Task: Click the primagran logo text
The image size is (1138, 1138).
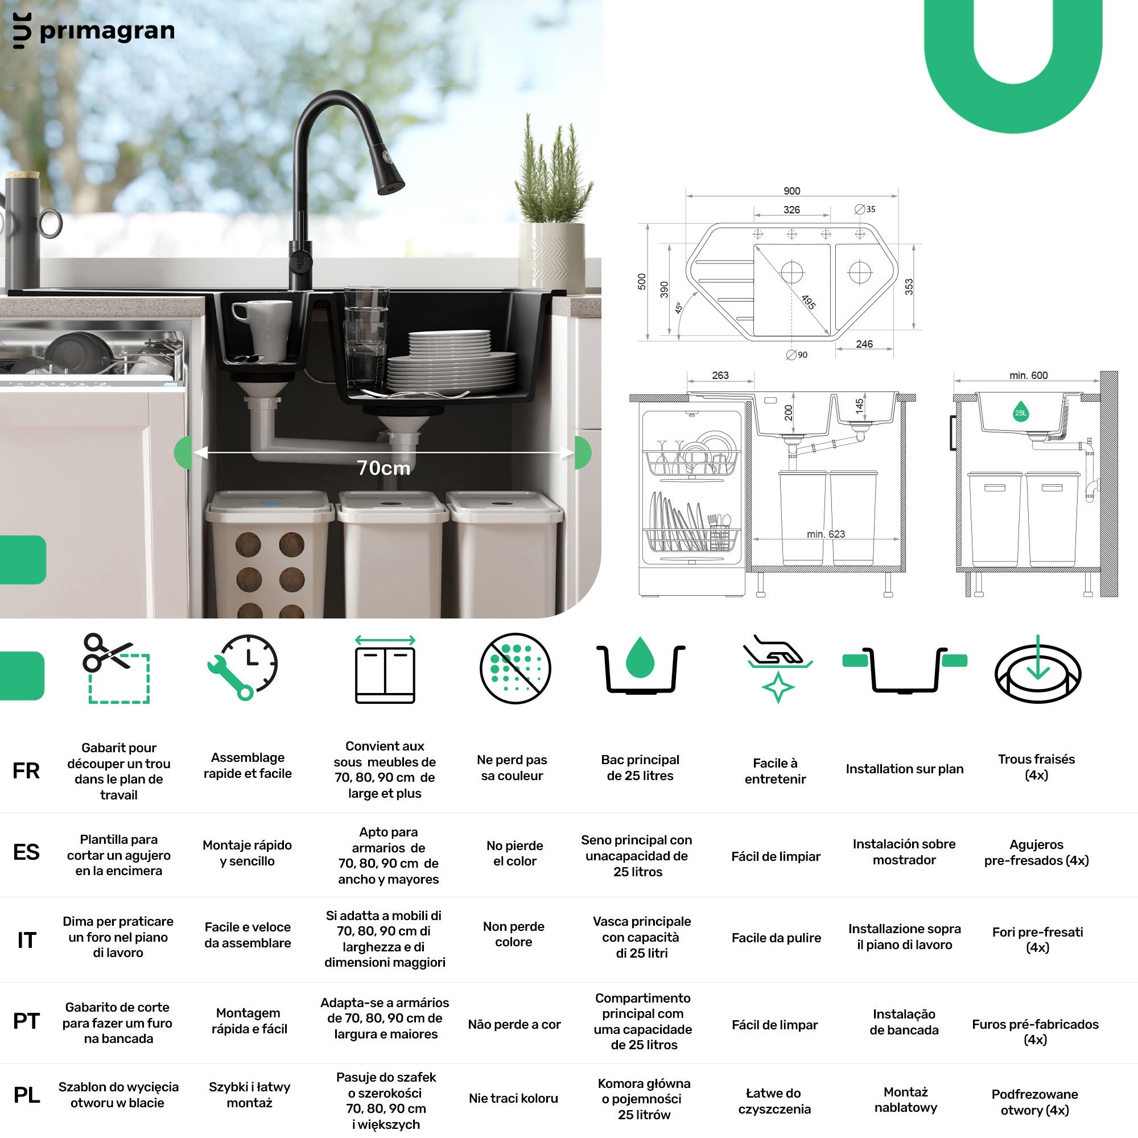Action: (x=106, y=31)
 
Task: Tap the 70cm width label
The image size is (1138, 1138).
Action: (x=384, y=468)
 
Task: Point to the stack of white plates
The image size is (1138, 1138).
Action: (x=451, y=362)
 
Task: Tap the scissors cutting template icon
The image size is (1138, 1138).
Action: (x=117, y=669)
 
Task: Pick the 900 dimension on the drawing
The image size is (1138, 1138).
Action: (x=791, y=191)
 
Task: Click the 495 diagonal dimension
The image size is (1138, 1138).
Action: (x=808, y=302)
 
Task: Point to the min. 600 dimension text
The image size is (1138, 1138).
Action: (x=1028, y=375)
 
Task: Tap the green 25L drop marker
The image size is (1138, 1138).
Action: (x=1021, y=412)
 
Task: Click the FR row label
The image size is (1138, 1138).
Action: (x=26, y=771)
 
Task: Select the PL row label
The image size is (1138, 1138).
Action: (x=27, y=1095)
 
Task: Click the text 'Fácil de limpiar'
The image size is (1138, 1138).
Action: (x=776, y=856)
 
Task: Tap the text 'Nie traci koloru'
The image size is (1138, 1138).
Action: (x=513, y=1098)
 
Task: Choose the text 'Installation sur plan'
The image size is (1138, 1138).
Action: (x=904, y=769)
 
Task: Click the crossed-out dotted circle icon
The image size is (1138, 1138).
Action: (x=515, y=669)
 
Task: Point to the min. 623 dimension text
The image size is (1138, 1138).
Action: (x=825, y=534)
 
